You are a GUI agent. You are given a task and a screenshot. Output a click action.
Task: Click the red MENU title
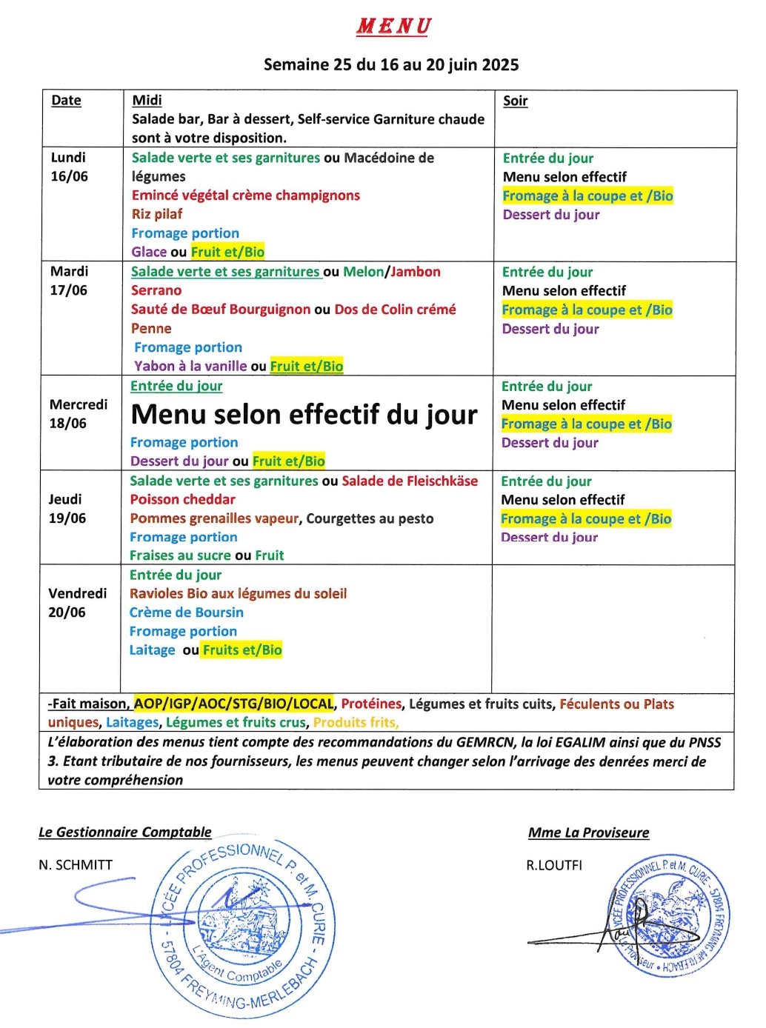[393, 27]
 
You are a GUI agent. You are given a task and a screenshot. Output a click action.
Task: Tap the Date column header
[66, 101]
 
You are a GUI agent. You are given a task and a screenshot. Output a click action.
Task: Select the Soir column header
[515, 101]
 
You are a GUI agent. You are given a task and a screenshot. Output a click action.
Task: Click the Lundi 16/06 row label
[69, 167]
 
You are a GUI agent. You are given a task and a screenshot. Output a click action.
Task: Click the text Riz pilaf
[156, 214]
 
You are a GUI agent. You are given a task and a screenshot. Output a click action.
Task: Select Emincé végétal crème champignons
[245, 196]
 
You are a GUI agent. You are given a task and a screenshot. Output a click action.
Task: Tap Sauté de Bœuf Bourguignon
[220, 310]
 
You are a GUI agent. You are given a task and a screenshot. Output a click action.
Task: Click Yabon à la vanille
[190, 366]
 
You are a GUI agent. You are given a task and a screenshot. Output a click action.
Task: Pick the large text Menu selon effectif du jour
[304, 415]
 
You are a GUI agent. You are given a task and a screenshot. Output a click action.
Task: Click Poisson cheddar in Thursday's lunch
[182, 500]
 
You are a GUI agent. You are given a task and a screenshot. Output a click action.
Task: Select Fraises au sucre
[180, 555]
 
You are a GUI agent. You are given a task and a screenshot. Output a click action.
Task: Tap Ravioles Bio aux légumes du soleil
[238, 594]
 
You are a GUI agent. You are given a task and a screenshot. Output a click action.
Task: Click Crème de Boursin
[186, 613]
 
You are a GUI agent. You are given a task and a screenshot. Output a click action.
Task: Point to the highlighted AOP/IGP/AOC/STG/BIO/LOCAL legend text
[233, 704]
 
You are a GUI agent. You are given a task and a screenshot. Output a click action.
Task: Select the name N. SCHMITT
[76, 865]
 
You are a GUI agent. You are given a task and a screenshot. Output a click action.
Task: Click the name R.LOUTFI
[554, 865]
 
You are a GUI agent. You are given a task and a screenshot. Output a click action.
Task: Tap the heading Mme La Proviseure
[588, 833]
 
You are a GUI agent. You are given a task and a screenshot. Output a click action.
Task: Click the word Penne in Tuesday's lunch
[151, 328]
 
